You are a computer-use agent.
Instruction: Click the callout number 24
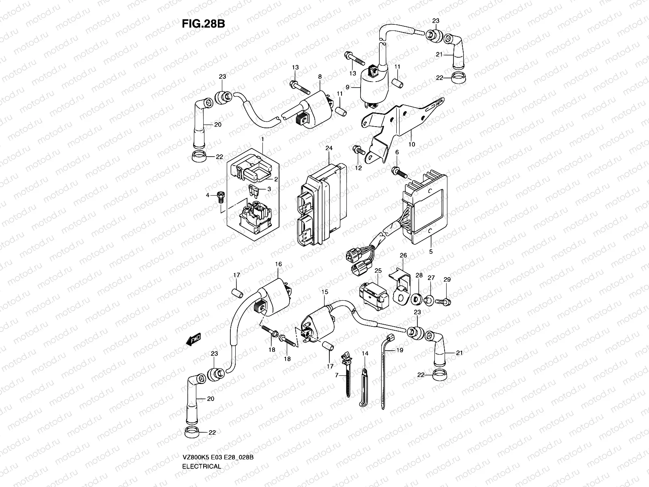(x=329, y=148)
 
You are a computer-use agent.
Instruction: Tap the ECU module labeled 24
(x=322, y=205)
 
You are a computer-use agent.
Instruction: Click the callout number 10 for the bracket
(x=412, y=144)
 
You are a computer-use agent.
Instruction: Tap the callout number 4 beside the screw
(x=207, y=195)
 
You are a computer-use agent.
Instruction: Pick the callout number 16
(x=278, y=264)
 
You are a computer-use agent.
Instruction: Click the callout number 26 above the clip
(x=403, y=255)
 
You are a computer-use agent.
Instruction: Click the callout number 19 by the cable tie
(x=400, y=350)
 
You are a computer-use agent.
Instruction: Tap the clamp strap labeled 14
(x=364, y=388)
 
